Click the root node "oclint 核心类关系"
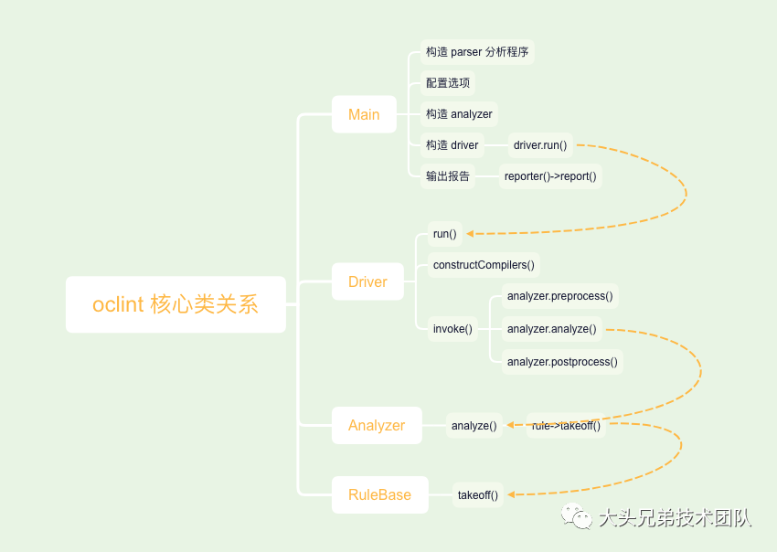pos(176,304)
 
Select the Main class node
pos(364,114)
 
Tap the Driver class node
pos(367,281)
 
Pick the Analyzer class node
pos(377,425)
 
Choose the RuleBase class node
pos(379,494)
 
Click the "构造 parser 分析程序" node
pos(476,52)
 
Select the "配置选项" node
pos(448,83)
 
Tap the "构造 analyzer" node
pos(459,114)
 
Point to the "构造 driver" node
pos(452,144)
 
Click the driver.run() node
pos(540,144)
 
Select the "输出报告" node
pos(448,176)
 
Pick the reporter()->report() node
pos(550,176)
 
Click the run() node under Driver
pos(444,234)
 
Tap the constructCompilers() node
pos(484,265)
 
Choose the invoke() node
pos(452,329)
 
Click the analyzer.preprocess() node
pos(559,296)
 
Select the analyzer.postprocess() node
pos(562,362)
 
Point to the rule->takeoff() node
pos(566,425)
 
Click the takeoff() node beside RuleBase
pos(478,494)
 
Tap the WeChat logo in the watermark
pos(577,518)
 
